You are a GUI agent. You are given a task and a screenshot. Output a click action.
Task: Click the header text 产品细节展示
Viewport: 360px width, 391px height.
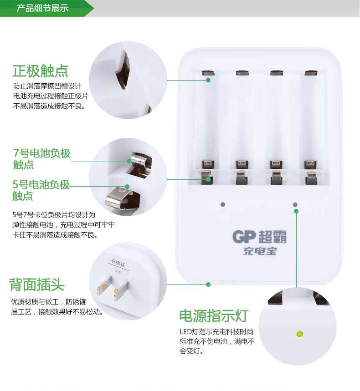pyautogui.click(x=42, y=8)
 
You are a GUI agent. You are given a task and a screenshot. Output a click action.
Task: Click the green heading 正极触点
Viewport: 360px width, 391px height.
pyautogui.click(x=41, y=71)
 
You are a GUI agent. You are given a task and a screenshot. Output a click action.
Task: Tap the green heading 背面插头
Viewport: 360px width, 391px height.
pyautogui.click(x=37, y=285)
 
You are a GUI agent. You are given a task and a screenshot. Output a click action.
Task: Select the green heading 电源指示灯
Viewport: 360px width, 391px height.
pyautogui.click(x=213, y=315)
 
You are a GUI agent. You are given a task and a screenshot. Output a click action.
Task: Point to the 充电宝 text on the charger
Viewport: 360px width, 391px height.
pyautogui.click(x=260, y=251)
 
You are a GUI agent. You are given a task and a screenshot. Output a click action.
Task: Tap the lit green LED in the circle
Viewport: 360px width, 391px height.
pyautogui.click(x=299, y=334)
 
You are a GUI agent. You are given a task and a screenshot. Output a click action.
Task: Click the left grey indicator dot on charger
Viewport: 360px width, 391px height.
pyautogui.click(x=222, y=205)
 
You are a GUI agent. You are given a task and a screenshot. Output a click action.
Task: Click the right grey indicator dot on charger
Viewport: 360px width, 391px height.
pyautogui.click(x=295, y=205)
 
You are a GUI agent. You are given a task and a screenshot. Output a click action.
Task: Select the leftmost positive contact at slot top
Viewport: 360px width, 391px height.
pyautogui.click(x=207, y=72)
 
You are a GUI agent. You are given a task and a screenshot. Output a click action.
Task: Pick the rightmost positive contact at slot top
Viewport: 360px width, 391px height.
pyautogui.click(x=311, y=72)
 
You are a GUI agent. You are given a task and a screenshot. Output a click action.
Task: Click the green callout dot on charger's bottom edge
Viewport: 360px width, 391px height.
pyautogui.click(x=208, y=284)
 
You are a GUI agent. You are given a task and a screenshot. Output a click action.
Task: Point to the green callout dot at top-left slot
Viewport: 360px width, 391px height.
pyautogui.click(x=208, y=80)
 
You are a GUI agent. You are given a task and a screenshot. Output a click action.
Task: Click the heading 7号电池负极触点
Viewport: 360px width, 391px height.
pyautogui.click(x=41, y=158)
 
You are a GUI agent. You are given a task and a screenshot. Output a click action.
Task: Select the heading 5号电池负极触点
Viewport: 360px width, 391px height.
pyautogui.click(x=41, y=190)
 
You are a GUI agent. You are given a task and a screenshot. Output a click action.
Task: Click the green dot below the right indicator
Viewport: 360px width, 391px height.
pyautogui.click(x=296, y=211)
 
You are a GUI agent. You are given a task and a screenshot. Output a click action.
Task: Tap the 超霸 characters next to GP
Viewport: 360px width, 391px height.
pyautogui.click(x=273, y=236)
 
